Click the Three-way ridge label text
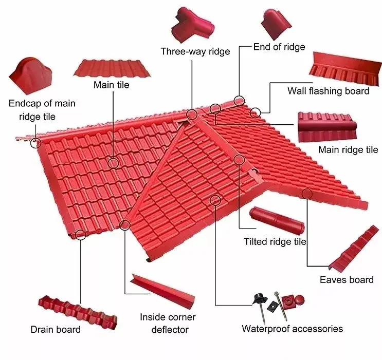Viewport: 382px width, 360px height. click(195, 51)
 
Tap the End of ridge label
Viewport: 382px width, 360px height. click(279, 47)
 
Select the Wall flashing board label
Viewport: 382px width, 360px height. click(328, 91)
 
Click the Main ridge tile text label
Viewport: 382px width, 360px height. click(348, 150)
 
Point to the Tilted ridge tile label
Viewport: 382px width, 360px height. click(275, 241)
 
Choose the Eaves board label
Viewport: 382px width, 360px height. click(347, 280)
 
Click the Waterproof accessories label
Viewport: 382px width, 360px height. click(292, 329)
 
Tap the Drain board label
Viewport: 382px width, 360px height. click(56, 329)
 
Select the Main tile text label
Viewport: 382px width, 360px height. click(111, 85)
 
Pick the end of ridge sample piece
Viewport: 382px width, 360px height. click(276, 23)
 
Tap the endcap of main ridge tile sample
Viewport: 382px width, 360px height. click(31, 77)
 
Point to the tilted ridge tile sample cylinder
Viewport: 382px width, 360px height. click(276, 221)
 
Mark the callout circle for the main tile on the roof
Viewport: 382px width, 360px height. click(114, 163)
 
